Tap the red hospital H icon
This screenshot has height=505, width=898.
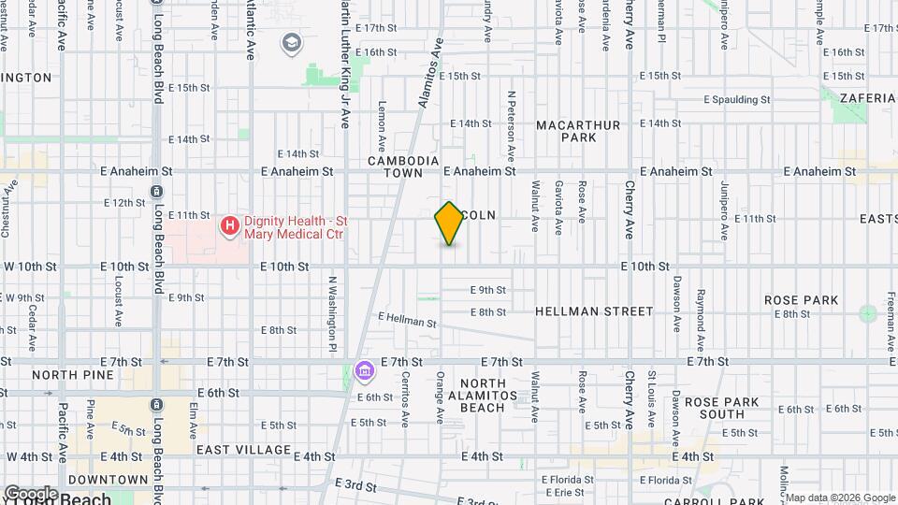tap(228, 225)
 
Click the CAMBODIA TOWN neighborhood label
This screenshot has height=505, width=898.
tap(403, 166)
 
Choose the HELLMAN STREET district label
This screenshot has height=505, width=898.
tap(594, 310)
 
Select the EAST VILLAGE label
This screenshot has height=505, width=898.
tap(243, 450)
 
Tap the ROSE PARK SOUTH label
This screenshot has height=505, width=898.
tap(728, 408)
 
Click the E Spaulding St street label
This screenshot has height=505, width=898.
tap(739, 99)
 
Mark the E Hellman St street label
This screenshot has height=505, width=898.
tap(407, 320)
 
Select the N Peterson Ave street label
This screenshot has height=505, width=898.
tap(512, 123)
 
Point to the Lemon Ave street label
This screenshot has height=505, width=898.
tap(382, 126)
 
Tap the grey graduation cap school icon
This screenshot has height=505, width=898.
tap(293, 43)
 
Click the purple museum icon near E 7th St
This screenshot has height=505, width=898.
tap(364, 372)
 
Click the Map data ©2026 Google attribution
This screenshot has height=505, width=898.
tap(839, 498)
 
